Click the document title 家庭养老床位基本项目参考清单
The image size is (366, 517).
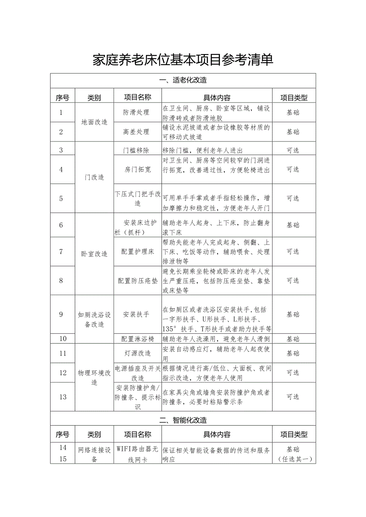183,60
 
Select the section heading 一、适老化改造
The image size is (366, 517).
183,80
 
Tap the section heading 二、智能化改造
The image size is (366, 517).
183,420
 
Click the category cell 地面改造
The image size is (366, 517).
94,122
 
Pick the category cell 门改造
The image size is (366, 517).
94,177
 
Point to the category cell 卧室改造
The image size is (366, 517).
94,254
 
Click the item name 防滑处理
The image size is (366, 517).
136,112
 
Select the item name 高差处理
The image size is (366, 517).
136,132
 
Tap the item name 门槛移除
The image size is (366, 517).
136,151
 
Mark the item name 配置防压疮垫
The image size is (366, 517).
138,281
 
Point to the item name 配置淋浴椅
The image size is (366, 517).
138,339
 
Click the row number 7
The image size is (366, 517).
61,252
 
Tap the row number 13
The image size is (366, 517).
62,397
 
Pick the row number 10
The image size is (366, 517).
62,339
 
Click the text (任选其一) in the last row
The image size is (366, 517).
294,459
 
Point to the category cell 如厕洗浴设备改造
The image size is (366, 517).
94,319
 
